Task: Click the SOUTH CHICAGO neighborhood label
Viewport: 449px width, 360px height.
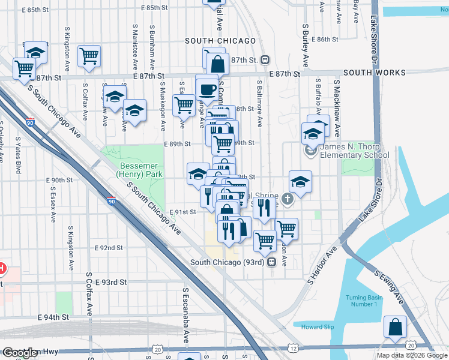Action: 220,41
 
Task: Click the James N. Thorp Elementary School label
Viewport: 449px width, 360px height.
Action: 354,151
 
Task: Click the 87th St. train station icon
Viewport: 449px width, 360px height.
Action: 265,60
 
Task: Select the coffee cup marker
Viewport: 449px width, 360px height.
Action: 207,89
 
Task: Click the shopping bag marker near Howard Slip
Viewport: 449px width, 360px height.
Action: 396,328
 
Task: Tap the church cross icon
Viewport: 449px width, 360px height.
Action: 288,199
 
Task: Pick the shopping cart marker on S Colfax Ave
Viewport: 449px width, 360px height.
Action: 89,56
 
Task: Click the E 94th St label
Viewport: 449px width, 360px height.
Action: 53,317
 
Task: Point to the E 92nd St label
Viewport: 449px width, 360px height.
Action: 109,248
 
